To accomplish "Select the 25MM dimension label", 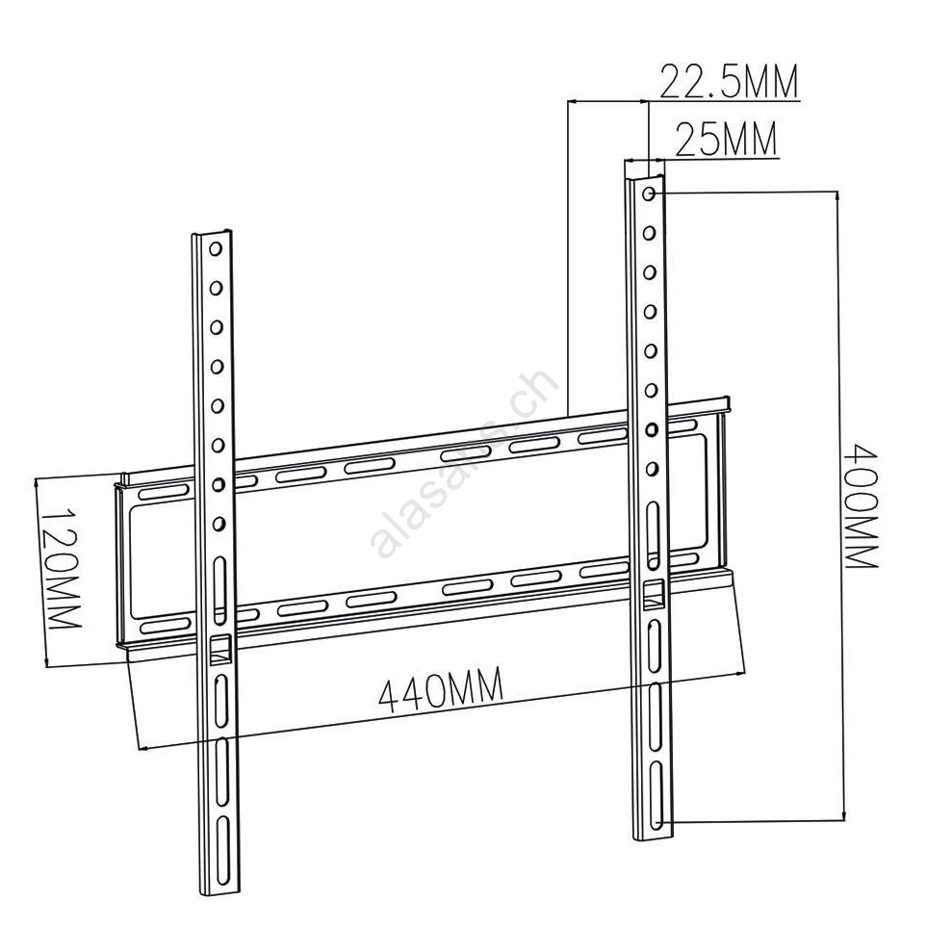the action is (x=726, y=140).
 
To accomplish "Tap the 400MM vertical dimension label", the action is (x=862, y=507).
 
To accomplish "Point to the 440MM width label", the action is (x=441, y=690).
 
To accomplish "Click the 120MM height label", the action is (x=62, y=568).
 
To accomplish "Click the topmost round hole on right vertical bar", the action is (x=649, y=193).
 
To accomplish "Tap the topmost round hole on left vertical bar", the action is (x=216, y=249).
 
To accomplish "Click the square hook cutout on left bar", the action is (x=219, y=651).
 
